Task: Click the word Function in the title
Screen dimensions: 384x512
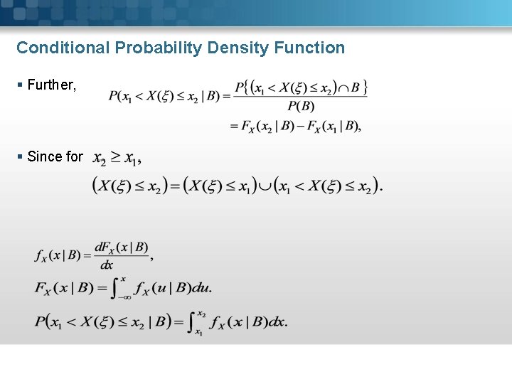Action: pyautogui.click(x=311, y=48)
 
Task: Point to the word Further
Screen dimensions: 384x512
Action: pyautogui.click(x=51, y=85)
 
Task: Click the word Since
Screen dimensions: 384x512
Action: pyautogui.click(x=45, y=156)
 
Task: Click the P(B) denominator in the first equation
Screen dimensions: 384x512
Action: pyautogui.click(x=301, y=107)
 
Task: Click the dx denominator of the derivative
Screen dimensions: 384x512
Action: pyautogui.click(x=107, y=265)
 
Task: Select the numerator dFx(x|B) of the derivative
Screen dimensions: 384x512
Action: pyautogui.click(x=122, y=248)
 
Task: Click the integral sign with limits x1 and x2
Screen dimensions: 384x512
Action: pyautogui.click(x=191, y=322)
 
